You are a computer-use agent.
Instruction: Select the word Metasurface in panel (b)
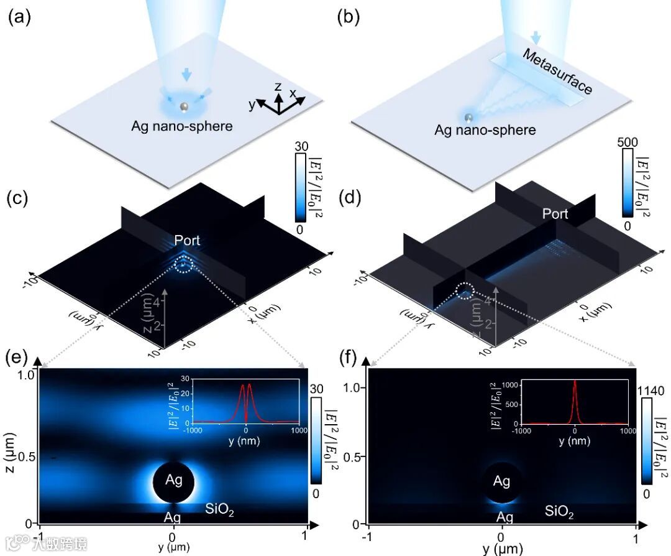557,72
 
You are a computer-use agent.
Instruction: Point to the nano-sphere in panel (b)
470,118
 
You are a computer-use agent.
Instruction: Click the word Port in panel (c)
188,240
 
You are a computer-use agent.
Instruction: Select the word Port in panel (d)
555,214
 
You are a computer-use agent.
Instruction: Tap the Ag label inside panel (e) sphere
173,480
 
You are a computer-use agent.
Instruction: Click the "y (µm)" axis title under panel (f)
503,549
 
